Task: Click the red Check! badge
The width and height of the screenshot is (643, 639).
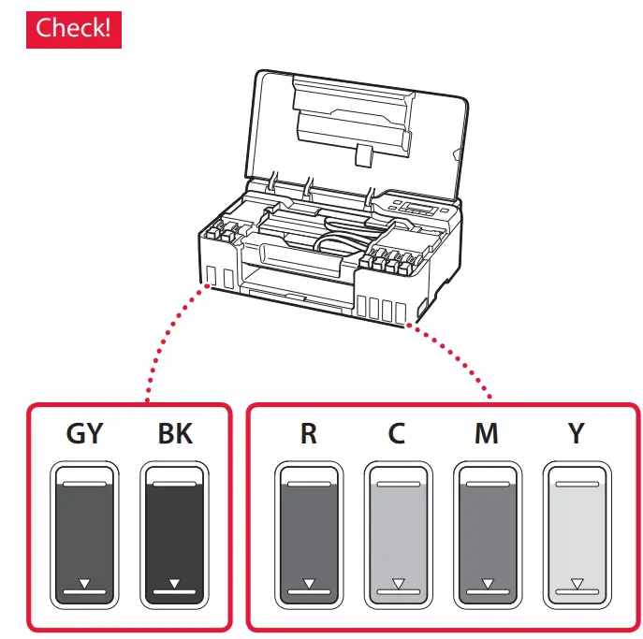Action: pos(73,28)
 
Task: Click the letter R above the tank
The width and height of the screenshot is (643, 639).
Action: pos(308,436)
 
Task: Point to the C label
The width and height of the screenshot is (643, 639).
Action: pos(397,436)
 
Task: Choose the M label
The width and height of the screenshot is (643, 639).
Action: pos(487,436)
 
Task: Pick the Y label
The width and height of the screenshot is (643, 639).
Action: pos(577,436)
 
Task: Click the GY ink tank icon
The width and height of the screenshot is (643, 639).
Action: pos(85,534)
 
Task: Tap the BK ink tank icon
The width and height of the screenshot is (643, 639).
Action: pos(174,534)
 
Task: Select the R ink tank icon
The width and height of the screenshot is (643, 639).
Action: pos(308,534)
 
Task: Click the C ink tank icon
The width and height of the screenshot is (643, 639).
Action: pos(397,534)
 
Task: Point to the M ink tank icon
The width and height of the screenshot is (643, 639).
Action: pos(487,534)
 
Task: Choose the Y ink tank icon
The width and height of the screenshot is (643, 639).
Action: pos(577,534)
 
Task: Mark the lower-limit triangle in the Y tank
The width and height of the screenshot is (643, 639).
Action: pos(577,583)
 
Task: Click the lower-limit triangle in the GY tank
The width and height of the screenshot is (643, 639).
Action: pos(85,583)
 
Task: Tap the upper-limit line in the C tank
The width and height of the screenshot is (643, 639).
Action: pos(397,485)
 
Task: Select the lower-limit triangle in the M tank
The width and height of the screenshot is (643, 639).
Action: pos(487,583)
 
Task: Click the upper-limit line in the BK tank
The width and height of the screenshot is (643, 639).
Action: pos(174,485)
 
